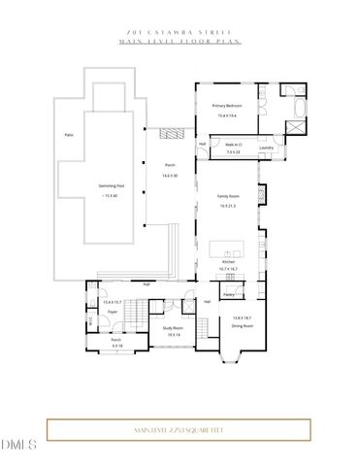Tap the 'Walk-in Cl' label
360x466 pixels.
pos(233,146)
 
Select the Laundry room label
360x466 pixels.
pos(266,148)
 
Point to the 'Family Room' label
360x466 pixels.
pos(229,198)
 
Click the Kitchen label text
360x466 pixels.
pos(229,262)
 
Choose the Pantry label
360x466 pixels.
pos(229,292)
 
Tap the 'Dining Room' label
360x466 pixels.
pos(243,326)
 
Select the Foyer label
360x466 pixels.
pos(113,313)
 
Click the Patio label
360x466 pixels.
pos(69,134)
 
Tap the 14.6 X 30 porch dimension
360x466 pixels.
pos(170,175)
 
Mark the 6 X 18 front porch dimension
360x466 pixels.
pos(116,346)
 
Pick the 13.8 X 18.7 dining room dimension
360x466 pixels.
pos(243,318)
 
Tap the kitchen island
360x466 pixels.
pos(229,248)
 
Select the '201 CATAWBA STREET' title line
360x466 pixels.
pos(180,32)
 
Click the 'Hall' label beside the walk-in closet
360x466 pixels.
pos(203,145)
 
